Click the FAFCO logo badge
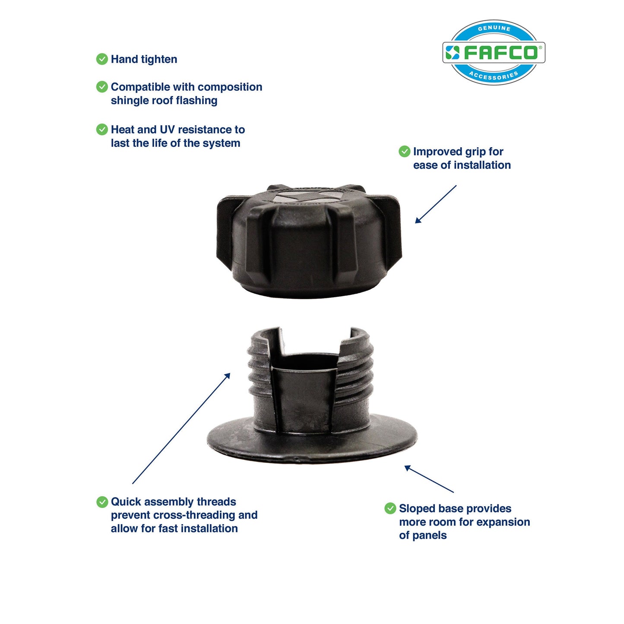pos(494,52)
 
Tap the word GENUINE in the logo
pos(494,29)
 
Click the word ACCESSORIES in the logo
pos(494,76)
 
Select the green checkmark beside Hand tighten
pos(102,59)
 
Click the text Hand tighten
pos(144,59)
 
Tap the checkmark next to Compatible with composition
pos(102,87)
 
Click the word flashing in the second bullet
pos(197,101)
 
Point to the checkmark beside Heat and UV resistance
pos(102,130)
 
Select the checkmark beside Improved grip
pos(404,152)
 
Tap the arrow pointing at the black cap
pos(435,204)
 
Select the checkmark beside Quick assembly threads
pos(102,502)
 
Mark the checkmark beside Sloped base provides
pos(390,508)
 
